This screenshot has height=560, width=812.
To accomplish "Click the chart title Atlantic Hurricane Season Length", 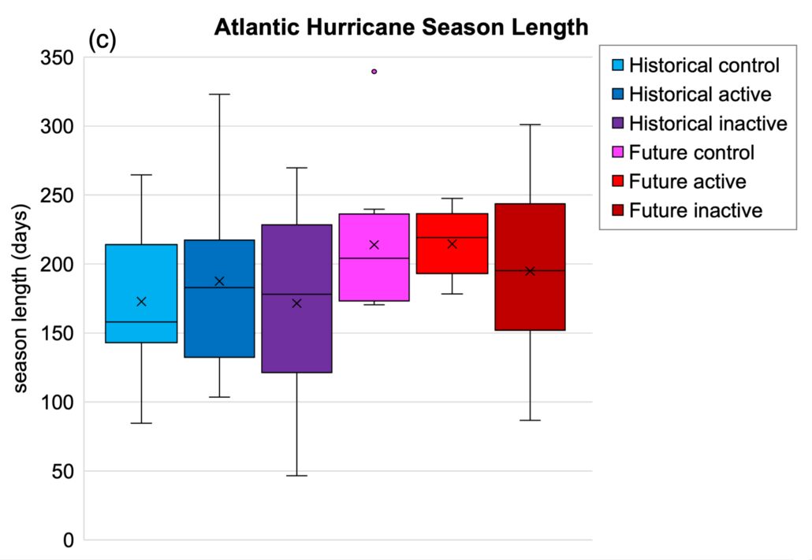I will click(x=401, y=28).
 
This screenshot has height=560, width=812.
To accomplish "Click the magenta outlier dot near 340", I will click(x=374, y=72).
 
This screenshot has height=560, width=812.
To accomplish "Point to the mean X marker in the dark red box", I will click(x=530, y=271).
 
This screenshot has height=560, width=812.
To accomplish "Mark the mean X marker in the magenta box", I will click(x=374, y=244).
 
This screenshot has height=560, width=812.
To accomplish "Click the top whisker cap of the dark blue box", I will click(x=219, y=95).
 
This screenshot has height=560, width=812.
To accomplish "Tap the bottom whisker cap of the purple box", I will click(x=296, y=476).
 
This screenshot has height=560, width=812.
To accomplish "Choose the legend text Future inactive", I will click(x=696, y=210).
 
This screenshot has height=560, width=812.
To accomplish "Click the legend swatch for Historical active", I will click(x=618, y=95).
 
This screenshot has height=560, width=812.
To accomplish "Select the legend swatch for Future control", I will click(x=618, y=153).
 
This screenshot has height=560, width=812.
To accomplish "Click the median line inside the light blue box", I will click(x=141, y=322).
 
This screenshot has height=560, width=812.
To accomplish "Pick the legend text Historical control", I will click(x=704, y=65).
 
